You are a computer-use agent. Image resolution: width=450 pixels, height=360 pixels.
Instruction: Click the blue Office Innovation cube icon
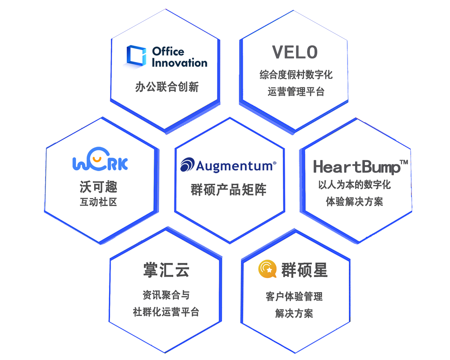pos(136,56)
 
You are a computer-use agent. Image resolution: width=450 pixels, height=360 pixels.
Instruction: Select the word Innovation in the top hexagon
pos(180,63)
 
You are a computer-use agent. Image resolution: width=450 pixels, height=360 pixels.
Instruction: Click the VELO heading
pos(295,52)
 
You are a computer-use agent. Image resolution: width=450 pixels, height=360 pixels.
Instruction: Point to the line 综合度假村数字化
pos(296,74)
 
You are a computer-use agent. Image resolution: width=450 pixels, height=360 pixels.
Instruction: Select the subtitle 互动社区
pos(98,202)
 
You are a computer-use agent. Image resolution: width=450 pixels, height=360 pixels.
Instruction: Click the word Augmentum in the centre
pos(236,166)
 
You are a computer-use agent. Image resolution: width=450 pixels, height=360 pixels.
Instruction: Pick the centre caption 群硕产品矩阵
pos(228,189)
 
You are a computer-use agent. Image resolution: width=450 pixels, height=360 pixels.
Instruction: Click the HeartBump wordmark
pos(357,167)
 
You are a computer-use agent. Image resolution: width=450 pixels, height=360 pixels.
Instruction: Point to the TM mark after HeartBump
pos(403,162)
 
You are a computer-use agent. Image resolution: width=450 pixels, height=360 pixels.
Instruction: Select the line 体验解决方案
pos(354,202)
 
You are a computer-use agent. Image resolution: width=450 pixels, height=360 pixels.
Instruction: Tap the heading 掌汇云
pos(166,270)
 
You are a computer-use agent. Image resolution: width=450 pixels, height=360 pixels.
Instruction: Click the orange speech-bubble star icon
pos(267,269)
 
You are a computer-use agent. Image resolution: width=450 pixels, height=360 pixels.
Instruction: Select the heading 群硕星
pos(304,270)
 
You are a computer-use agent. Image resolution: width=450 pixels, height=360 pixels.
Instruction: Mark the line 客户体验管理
pos(294,296)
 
